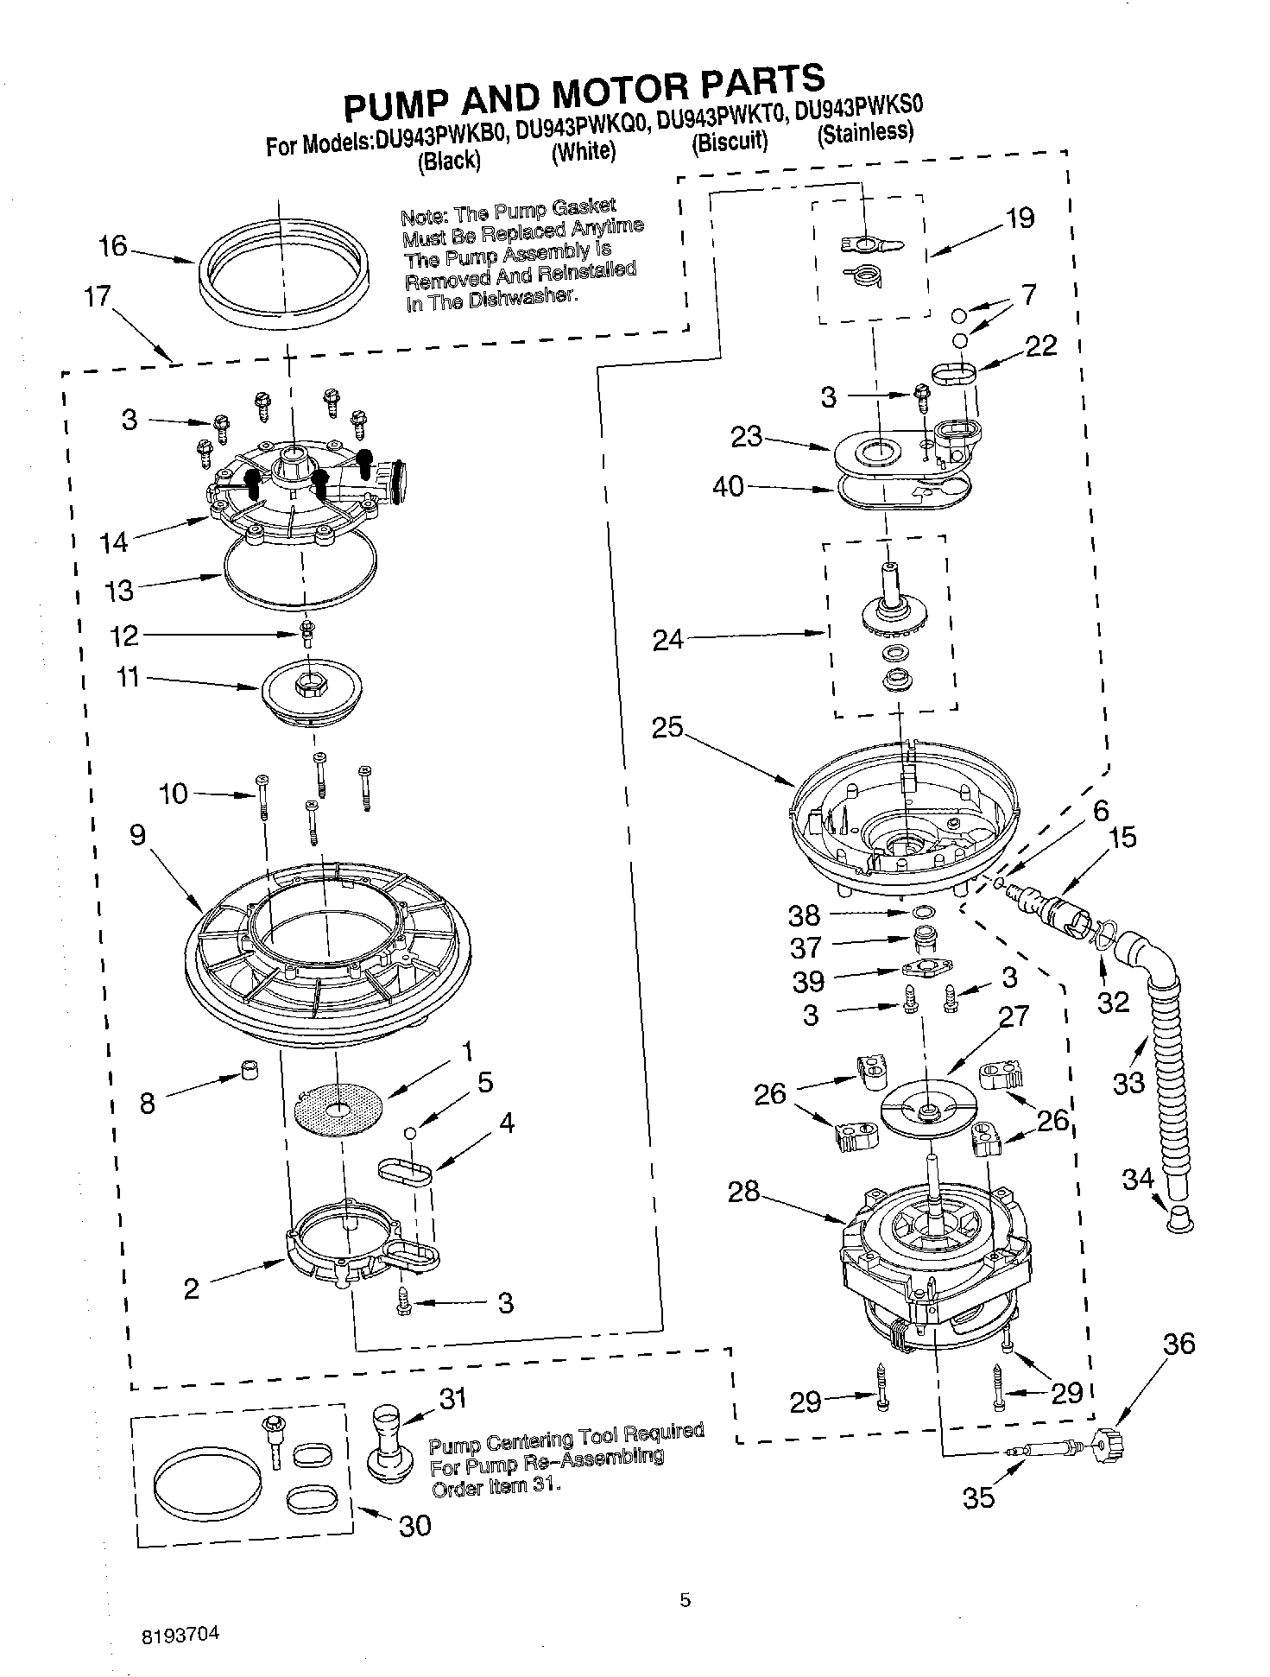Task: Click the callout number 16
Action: (113, 246)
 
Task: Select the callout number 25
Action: (667, 727)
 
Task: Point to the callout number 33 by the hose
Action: (1128, 1082)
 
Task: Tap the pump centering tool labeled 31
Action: (389, 1440)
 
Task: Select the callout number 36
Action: (1178, 1344)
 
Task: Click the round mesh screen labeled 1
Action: (338, 1108)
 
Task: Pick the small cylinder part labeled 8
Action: (250, 1072)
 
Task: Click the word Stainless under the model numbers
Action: (865, 133)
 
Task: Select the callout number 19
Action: (1020, 218)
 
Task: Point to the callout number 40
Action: (728, 486)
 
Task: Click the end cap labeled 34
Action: (1180, 1220)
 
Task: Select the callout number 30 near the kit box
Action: (414, 1526)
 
